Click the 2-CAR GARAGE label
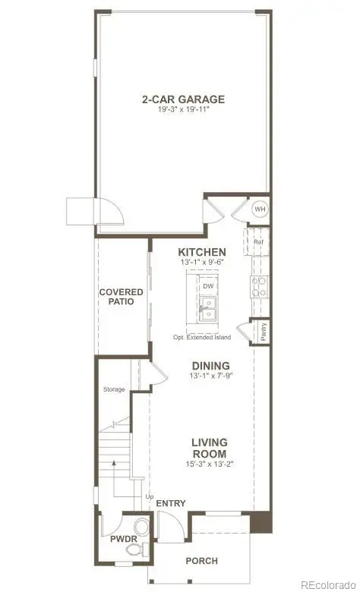(183, 99)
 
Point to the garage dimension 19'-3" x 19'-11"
(183, 110)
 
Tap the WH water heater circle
(260, 209)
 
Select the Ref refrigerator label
(257, 243)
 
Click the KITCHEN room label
(201, 252)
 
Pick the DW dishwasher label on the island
(207, 286)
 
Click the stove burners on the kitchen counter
(259, 285)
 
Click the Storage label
(115, 389)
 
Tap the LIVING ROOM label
(209, 448)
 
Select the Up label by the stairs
(149, 496)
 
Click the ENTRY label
(170, 503)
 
